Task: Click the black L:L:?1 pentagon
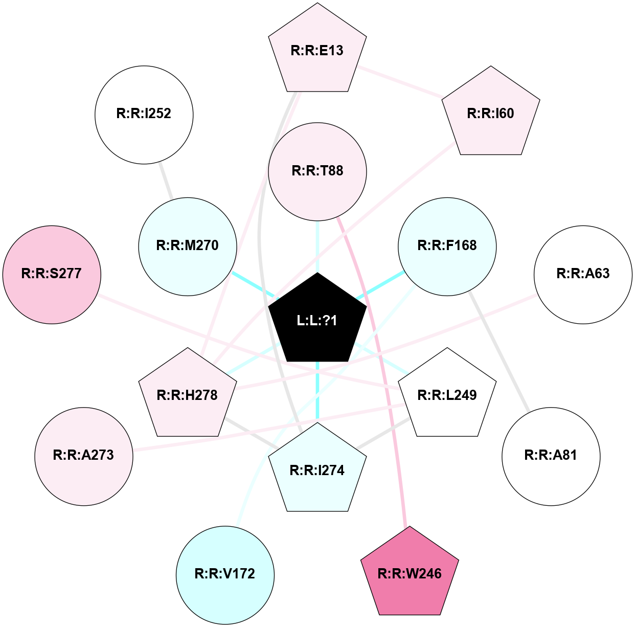pyautogui.click(x=318, y=320)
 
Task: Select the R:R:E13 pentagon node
pyautogui.click(x=318, y=50)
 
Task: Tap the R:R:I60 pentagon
pyautogui.click(x=491, y=113)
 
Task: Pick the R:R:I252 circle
pyautogui.click(x=144, y=115)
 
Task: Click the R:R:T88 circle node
pyautogui.click(x=318, y=172)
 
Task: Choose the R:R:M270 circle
pyautogui.click(x=188, y=247)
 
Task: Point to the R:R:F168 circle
pyautogui.click(x=447, y=247)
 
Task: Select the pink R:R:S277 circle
pyautogui.click(x=52, y=275)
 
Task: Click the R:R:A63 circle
pyautogui.click(x=583, y=275)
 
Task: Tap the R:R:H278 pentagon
pyautogui.click(x=188, y=395)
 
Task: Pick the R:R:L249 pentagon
pyautogui.click(x=447, y=395)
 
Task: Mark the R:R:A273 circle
pyautogui.click(x=84, y=456)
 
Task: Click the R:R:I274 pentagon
pyautogui.click(x=318, y=470)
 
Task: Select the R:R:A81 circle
pyautogui.click(x=551, y=456)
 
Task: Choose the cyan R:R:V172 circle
pyautogui.click(x=225, y=575)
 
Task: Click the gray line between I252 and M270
pyautogui.click(x=166, y=181)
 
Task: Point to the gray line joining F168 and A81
pyautogui.click(x=499, y=351)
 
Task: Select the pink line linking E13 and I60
pyautogui.click(x=401, y=82)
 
